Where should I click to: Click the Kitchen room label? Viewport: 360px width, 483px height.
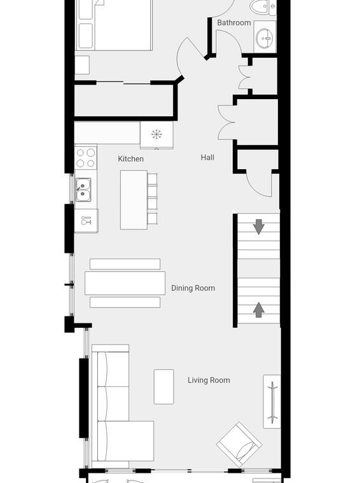click(x=130, y=159)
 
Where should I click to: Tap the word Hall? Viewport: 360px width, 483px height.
click(x=207, y=158)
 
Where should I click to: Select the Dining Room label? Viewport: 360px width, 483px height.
click(x=193, y=288)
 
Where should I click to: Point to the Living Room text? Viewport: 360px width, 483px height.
click(x=209, y=380)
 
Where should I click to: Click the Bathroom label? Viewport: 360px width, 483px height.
click(x=234, y=22)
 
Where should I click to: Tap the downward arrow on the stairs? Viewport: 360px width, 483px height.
click(x=259, y=227)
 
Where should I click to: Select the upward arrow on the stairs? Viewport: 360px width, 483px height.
click(x=259, y=310)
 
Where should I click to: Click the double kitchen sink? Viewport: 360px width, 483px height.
click(x=83, y=190)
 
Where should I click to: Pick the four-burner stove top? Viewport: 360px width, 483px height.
click(x=86, y=158)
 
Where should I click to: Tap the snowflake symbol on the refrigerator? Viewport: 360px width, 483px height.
click(x=156, y=134)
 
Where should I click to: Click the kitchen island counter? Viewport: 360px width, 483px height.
click(x=134, y=200)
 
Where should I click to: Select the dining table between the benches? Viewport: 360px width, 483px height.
click(x=125, y=283)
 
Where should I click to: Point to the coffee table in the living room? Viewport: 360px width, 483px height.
click(x=163, y=386)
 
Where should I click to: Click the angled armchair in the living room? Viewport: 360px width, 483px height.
click(x=239, y=444)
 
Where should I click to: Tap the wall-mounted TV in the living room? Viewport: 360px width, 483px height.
click(x=272, y=402)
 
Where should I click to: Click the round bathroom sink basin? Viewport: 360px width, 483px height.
click(x=264, y=39)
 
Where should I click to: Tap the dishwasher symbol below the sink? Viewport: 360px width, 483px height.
click(x=87, y=221)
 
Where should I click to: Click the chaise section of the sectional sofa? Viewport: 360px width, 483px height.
click(x=126, y=441)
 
